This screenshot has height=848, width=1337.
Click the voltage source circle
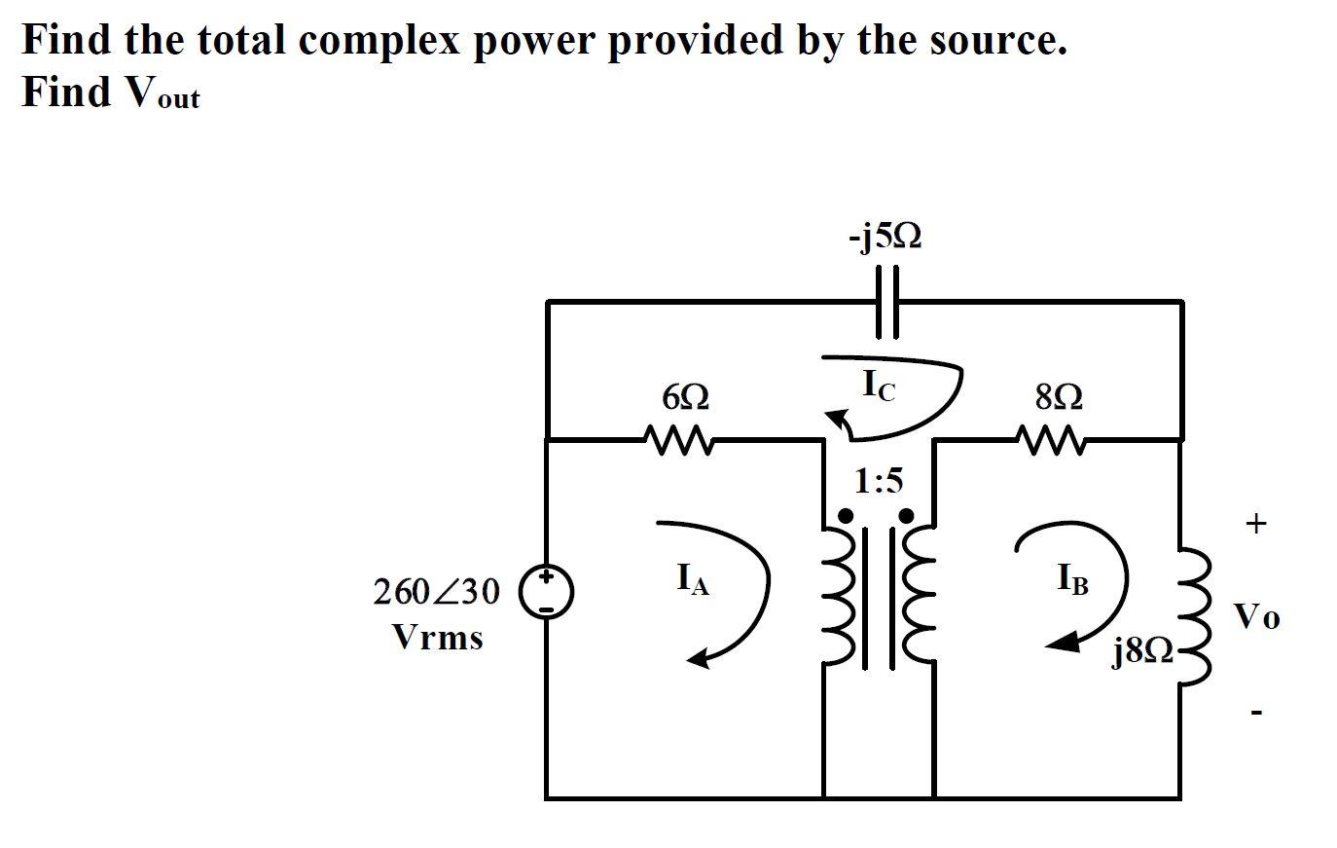click(547, 594)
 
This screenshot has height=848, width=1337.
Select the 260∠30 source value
click(437, 591)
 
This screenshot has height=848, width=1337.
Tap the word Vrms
click(437, 639)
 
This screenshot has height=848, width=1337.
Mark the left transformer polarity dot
click(846, 515)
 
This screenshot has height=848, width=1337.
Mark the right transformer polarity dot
click(906, 515)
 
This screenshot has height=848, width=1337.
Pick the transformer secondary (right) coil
click(918, 596)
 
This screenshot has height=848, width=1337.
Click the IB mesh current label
click(1072, 581)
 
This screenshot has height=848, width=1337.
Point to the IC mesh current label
click(880, 387)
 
